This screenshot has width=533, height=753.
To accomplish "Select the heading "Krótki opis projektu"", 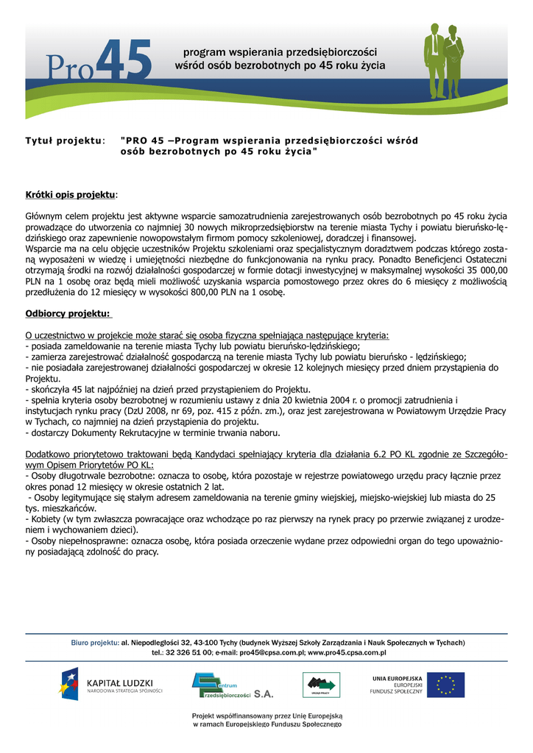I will (x=71, y=195).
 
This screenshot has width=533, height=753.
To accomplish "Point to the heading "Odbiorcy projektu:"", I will (x=68, y=313).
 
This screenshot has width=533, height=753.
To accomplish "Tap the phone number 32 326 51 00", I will (x=189, y=652).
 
